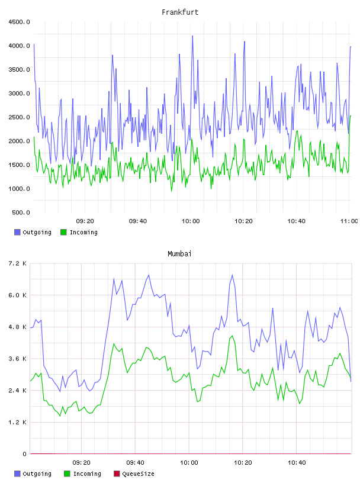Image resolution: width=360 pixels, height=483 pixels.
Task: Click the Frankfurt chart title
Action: tap(180, 12)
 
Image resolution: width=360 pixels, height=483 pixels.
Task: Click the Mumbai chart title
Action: tap(179, 253)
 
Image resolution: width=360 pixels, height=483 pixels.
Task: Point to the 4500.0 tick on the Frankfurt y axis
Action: tap(19, 22)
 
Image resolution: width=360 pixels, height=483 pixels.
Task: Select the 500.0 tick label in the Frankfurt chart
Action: tap(21, 212)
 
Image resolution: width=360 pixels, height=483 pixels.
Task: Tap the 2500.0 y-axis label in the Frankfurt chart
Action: tap(19, 117)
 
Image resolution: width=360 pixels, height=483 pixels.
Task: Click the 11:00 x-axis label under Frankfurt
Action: tap(349, 221)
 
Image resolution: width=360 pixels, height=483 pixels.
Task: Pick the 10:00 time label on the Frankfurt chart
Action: tap(191, 221)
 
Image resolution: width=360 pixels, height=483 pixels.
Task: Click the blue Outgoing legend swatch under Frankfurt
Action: tap(17, 232)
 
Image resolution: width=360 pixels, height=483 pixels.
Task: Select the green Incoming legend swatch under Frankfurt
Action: tap(63, 232)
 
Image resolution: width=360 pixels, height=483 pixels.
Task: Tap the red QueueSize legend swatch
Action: tap(117, 474)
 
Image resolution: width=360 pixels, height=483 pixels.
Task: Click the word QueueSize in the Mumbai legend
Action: tap(138, 474)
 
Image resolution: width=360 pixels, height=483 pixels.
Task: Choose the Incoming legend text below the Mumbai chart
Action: tap(87, 474)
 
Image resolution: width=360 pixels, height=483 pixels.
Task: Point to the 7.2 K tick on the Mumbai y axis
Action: tap(18, 263)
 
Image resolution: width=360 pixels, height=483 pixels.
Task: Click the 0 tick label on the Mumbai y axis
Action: tap(24, 454)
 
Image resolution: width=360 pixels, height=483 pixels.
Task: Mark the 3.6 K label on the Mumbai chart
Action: tap(18, 359)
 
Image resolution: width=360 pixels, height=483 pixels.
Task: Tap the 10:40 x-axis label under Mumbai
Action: tap(297, 462)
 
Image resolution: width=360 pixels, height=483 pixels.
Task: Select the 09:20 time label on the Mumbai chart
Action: tap(81, 462)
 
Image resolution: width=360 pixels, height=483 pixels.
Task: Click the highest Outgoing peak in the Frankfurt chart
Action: tap(192, 36)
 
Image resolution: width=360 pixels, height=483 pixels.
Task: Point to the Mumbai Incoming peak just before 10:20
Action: tap(232, 336)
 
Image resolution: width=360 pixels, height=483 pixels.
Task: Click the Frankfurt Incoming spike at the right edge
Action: tap(351, 116)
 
